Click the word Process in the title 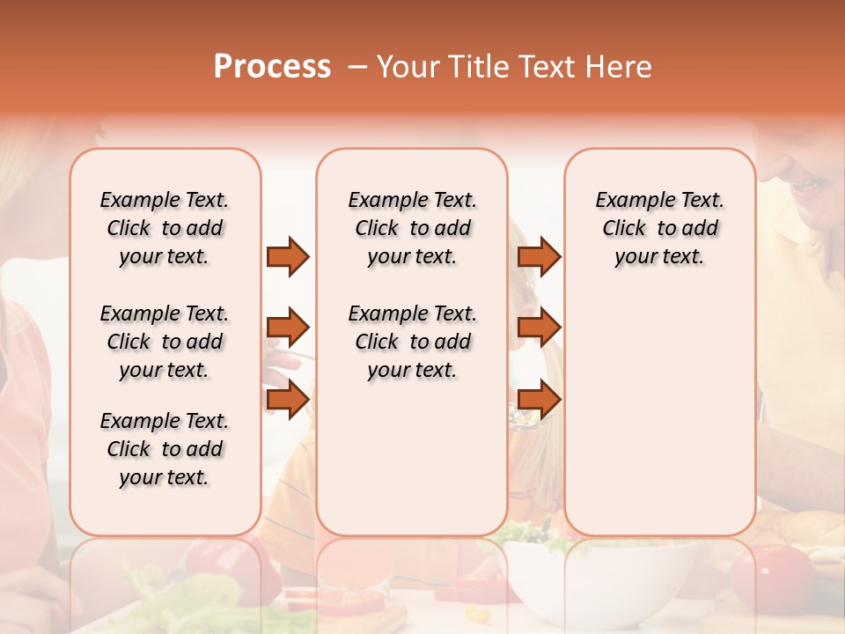[272, 67]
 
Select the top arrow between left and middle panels [288, 256]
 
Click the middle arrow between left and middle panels [288, 328]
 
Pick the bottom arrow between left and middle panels [288, 399]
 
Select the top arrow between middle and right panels [539, 256]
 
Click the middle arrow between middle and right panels [539, 328]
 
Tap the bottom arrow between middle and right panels [539, 399]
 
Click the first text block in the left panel [165, 228]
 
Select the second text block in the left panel [165, 342]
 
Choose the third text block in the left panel [165, 449]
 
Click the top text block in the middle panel [412, 228]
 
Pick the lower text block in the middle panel [412, 342]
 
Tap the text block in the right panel [659, 228]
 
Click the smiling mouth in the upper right [805, 186]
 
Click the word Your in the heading [406, 67]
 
